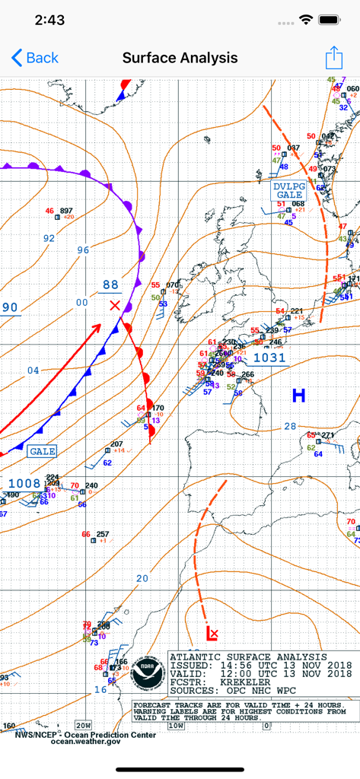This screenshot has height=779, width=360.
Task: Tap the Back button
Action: coord(35,58)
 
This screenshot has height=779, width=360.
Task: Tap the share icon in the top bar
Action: coord(333,58)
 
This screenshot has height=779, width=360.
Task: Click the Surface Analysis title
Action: coord(180,58)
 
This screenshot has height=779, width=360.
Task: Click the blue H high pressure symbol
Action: coord(298,395)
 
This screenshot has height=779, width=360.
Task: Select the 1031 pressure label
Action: coord(269,358)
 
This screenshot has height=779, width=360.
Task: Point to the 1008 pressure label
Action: coord(24,483)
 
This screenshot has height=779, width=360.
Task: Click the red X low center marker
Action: coord(115,306)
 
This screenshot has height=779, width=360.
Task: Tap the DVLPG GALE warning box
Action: coord(289,190)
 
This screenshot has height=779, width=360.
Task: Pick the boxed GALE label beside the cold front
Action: coord(43,451)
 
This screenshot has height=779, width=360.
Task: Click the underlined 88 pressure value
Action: coord(111,285)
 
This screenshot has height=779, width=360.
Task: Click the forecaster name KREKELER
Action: coord(239,682)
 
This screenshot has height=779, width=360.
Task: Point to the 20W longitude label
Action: coord(83,724)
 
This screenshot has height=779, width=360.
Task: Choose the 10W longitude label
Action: coord(176,725)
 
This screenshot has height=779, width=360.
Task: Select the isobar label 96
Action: coord(83,250)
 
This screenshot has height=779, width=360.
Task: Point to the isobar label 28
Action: coord(290,426)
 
